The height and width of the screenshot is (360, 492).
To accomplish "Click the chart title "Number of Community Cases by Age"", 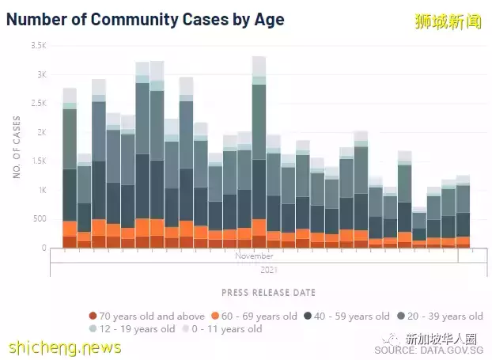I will pos(145,18).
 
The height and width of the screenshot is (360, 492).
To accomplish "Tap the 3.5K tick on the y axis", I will pos(39,46).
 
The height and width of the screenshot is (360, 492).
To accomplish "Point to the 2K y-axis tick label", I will pos(42,132).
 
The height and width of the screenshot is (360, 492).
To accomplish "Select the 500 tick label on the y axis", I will pos(40,219).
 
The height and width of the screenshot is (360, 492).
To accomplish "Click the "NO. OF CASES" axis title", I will pos(17,146).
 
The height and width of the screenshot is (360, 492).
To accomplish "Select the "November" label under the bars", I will pos(254,257).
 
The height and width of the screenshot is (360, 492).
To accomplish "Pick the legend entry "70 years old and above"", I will pos(146,316).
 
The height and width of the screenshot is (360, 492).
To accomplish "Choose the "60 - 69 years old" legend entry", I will pos(258,316).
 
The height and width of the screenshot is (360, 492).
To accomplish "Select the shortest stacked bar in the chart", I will pos(419,229).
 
